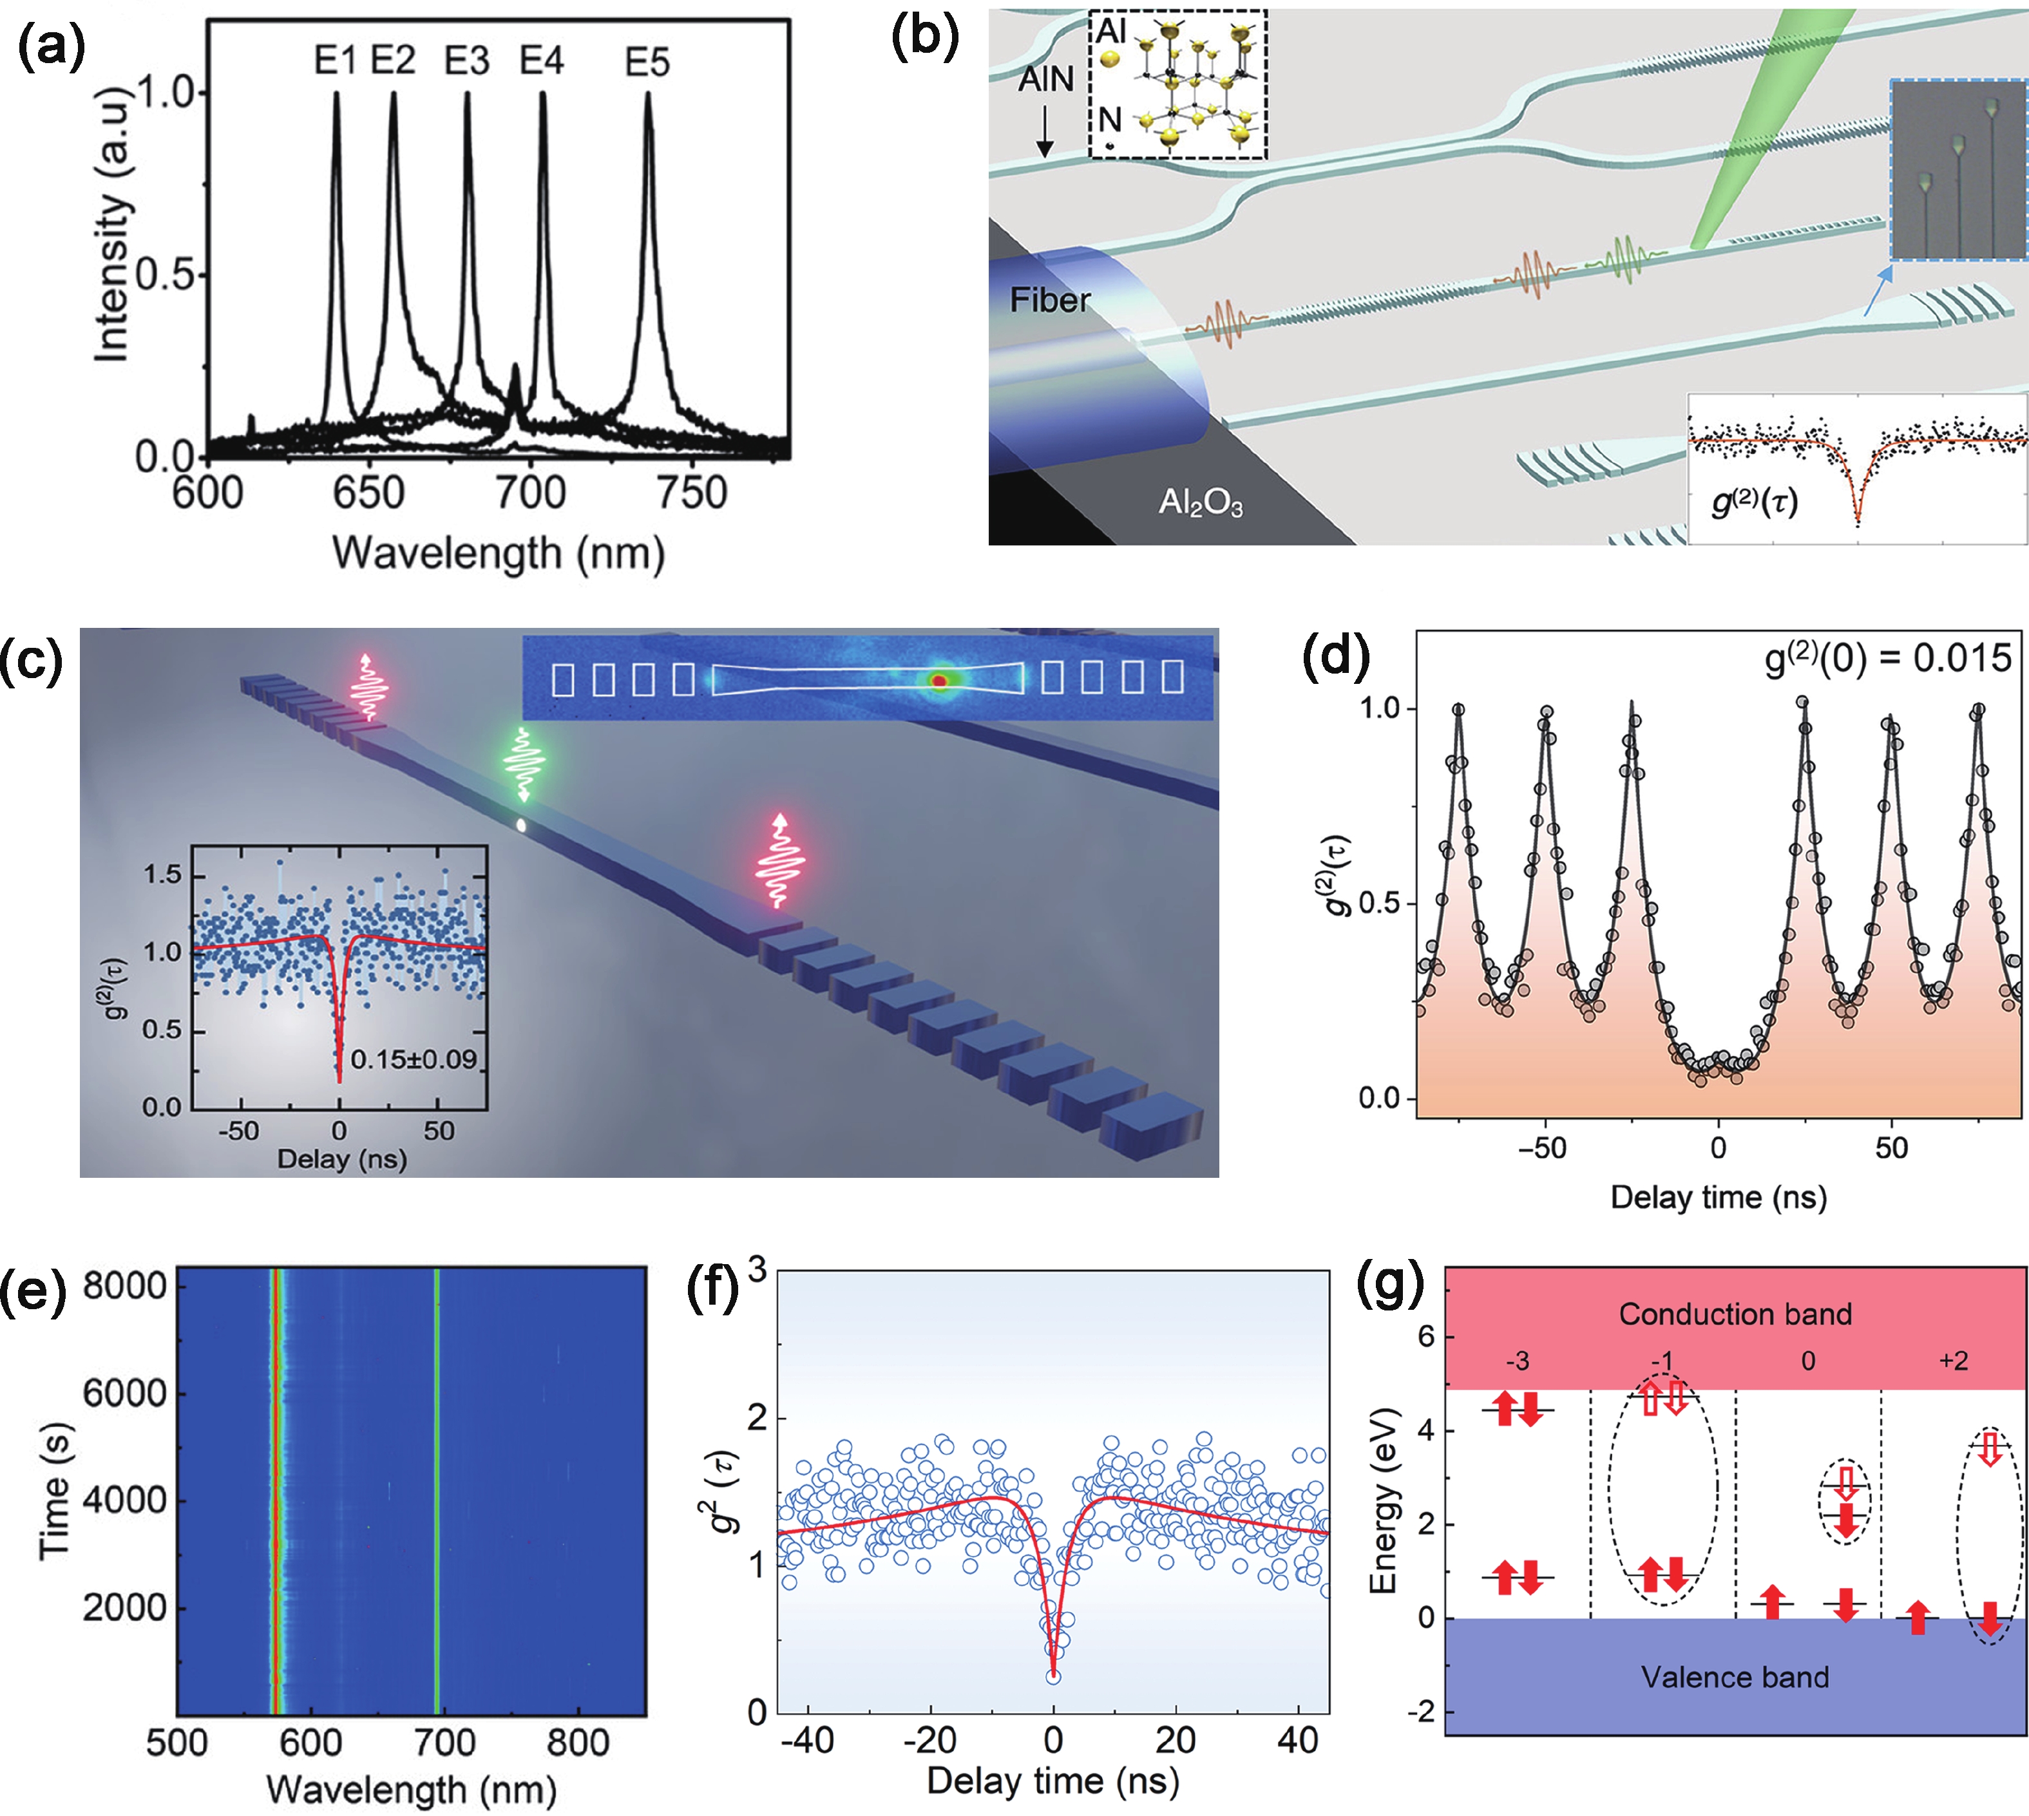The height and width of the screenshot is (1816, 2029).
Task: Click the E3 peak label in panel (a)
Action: (467, 62)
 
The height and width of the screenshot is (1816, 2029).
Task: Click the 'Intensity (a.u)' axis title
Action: (113, 225)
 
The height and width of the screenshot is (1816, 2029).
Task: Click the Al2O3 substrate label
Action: (1201, 502)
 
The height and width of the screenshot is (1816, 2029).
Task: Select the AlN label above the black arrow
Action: (1045, 79)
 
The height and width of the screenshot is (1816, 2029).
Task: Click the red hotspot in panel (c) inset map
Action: (938, 681)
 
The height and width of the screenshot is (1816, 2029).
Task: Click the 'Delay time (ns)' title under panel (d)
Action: (1719, 1196)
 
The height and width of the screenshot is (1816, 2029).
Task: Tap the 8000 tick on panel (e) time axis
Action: (125, 1286)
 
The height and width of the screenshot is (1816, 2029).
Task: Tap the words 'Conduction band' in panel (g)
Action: (1735, 1314)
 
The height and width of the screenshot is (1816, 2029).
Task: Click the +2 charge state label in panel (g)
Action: (1953, 1361)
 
